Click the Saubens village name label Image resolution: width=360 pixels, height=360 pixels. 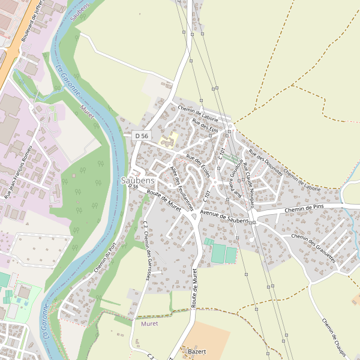[x=138, y=180]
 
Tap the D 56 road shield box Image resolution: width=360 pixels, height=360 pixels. [x=142, y=136]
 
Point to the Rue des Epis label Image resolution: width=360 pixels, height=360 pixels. [x=205, y=127]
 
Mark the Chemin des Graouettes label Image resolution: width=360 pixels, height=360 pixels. [x=313, y=248]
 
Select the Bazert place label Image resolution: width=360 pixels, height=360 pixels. [x=197, y=351]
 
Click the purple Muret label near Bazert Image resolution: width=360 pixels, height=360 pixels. [x=149, y=323]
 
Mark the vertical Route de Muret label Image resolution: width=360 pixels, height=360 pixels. [x=194, y=289]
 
